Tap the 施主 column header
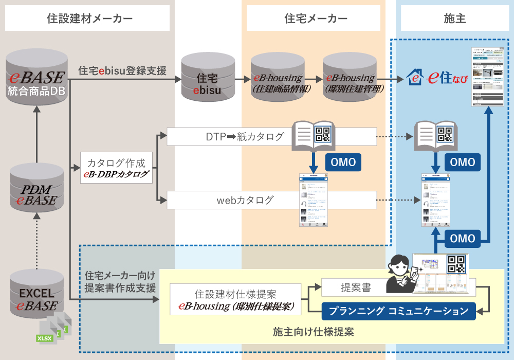click(454, 19)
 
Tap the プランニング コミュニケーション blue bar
click(398, 311)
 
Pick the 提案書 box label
click(355, 287)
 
